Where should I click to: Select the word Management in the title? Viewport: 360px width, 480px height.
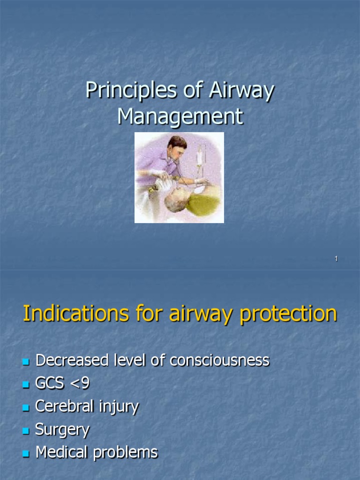180,116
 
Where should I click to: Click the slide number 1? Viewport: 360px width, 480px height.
336,259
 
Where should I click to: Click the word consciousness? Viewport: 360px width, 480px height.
219,360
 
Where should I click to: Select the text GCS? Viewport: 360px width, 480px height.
48,383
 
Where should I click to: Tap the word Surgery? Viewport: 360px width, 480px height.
62,430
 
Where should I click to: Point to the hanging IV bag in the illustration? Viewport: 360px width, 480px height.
201,155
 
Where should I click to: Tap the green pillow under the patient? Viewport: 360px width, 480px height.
204,204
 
